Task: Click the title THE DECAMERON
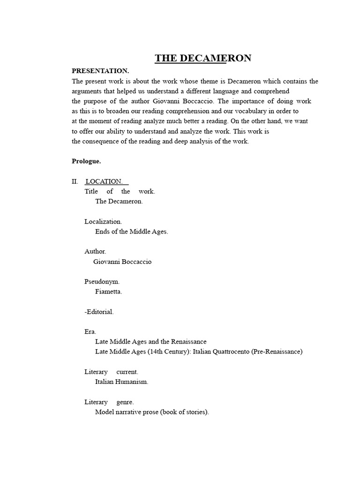pyautogui.click(x=203, y=58)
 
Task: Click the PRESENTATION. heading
pyautogui.click(x=100, y=71)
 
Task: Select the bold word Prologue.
pyautogui.click(x=86, y=161)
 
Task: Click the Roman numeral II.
pyautogui.click(x=75, y=181)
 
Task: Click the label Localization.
pyautogui.click(x=103, y=221)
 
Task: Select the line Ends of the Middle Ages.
pyautogui.click(x=131, y=232)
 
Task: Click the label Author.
pyautogui.click(x=95, y=252)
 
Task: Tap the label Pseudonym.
pyautogui.click(x=102, y=282)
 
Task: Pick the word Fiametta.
pyautogui.click(x=108, y=292)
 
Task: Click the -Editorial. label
pyautogui.click(x=99, y=312)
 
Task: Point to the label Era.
pyautogui.click(x=90, y=332)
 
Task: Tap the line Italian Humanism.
pyautogui.click(x=121, y=382)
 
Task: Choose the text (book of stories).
pyautogui.click(x=185, y=412)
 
